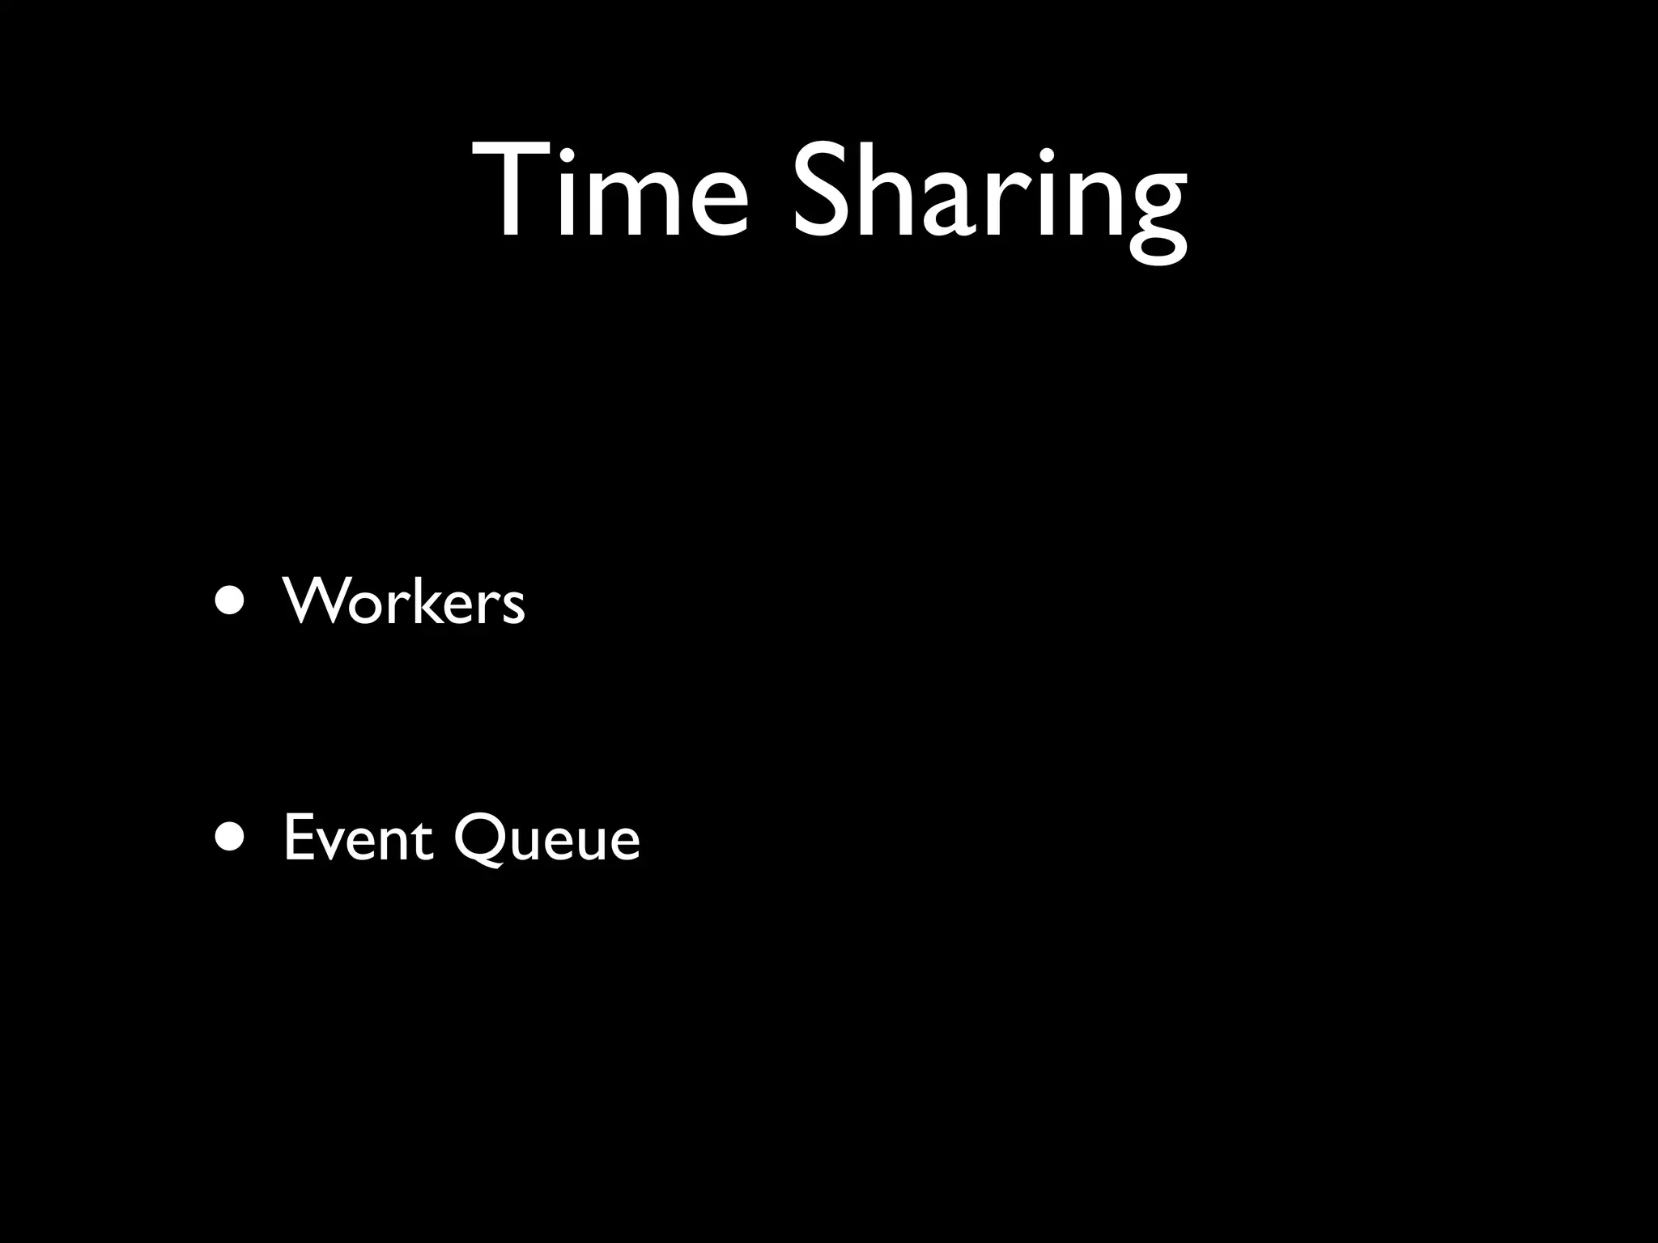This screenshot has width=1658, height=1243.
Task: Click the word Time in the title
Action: point(611,191)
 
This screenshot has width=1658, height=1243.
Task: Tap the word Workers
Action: point(404,602)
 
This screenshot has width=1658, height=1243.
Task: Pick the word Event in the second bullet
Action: point(357,838)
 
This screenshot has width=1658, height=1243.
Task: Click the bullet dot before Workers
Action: point(231,602)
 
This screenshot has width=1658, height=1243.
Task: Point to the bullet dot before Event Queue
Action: point(231,839)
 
